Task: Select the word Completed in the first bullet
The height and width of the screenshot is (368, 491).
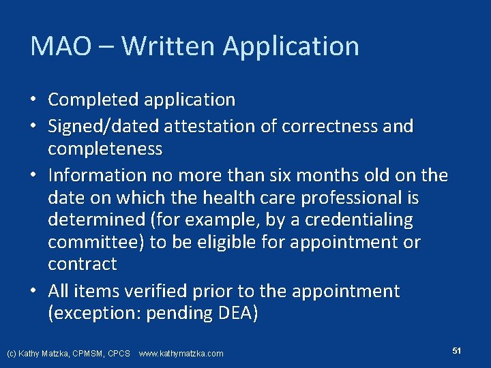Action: (91, 100)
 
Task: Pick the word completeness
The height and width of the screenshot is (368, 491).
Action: (105, 149)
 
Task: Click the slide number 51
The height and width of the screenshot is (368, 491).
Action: (457, 350)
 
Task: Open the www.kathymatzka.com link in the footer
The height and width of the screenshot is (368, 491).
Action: (181, 354)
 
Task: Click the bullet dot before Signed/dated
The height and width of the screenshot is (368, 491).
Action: (33, 127)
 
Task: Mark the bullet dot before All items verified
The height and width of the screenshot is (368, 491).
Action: (33, 292)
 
